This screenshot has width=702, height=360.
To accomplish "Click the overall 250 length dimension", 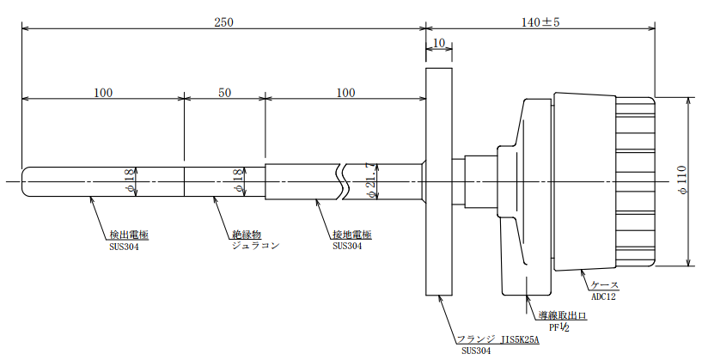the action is point(224,22).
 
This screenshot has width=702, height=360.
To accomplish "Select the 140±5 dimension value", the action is point(540,22).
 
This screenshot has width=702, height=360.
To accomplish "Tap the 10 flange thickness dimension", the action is point(439,43).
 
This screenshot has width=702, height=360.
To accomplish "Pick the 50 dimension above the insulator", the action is point(225,93).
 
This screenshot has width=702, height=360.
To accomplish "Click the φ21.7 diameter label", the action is point(372,181).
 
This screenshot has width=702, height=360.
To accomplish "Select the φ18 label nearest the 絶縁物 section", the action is point(238,182).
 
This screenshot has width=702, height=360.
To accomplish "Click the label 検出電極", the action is point(129,235).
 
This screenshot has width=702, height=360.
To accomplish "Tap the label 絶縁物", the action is point(247,235).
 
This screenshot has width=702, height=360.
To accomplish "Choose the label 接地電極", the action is point(352,235).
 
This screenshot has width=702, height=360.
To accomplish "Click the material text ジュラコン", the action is point(256,246).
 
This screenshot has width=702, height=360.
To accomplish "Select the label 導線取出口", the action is point(562,316).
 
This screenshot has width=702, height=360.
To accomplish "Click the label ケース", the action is point(605,285).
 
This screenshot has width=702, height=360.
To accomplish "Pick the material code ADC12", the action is point(603,296).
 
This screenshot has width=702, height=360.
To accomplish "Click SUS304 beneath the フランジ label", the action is point(476,351).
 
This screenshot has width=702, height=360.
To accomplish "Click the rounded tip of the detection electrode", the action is point(24,181).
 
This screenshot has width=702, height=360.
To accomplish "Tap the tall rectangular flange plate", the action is point(439,181).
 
